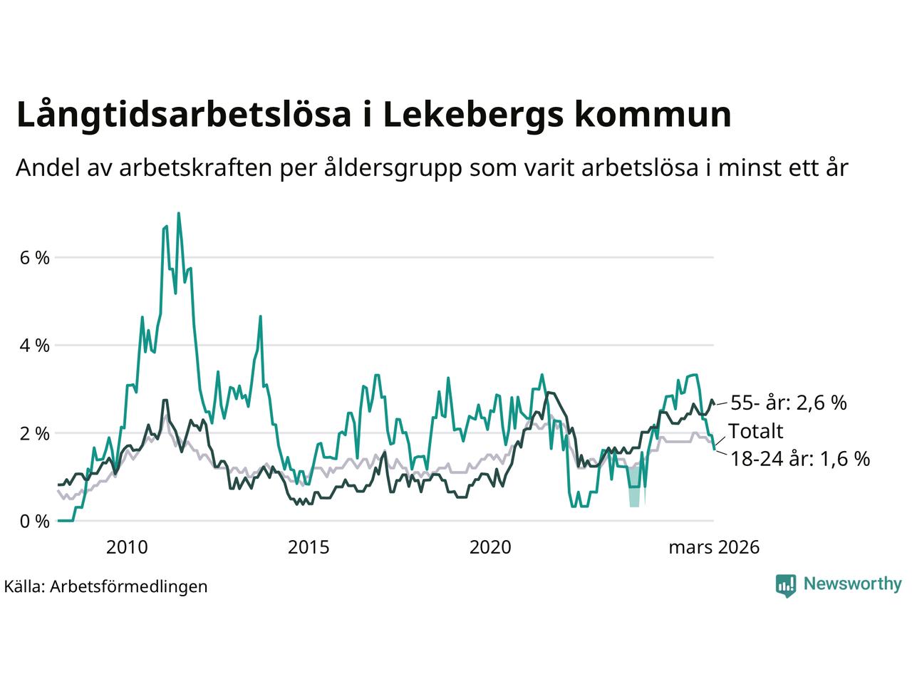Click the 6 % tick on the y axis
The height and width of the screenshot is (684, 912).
click(33, 257)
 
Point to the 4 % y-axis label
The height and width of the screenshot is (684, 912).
click(33, 346)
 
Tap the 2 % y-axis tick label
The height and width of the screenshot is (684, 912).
click(33, 433)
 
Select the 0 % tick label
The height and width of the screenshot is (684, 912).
click(33, 522)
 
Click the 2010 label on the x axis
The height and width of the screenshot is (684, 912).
click(127, 547)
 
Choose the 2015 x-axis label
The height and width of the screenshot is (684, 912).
click(309, 547)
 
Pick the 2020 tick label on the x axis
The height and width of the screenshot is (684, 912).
click(491, 547)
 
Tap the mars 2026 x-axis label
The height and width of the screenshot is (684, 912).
click(714, 547)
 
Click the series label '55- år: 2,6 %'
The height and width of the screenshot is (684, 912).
click(789, 403)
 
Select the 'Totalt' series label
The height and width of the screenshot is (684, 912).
click(755, 431)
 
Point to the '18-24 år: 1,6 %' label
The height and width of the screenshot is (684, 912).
click(800, 459)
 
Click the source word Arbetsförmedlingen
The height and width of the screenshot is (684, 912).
click(129, 586)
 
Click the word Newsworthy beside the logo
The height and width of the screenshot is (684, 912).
click(852, 584)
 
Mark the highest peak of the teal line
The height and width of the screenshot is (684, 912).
click(178, 213)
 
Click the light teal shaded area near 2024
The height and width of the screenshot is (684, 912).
click(634, 487)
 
